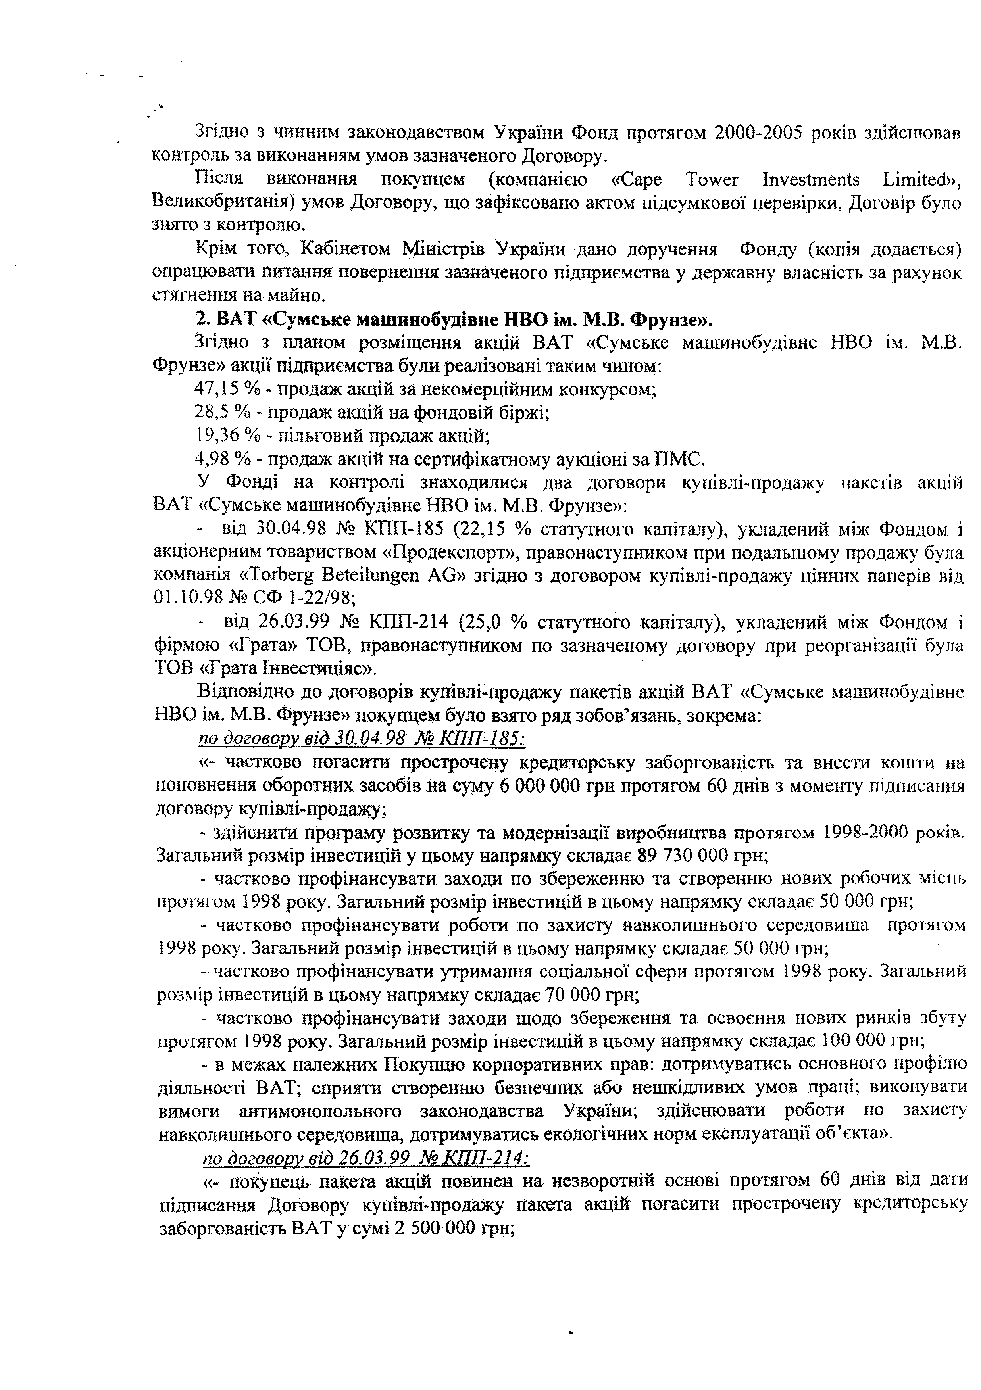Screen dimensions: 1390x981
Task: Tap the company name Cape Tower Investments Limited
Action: pyautogui.click(x=775, y=179)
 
